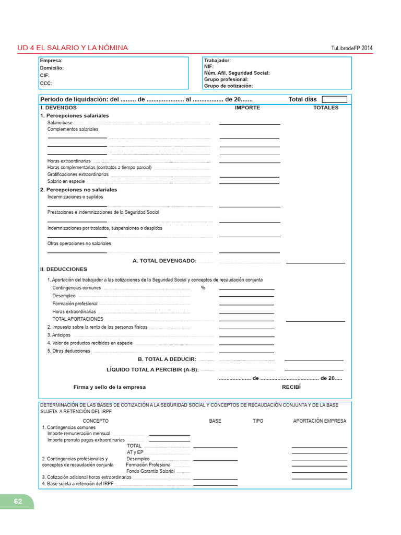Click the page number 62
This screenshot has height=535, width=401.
18,501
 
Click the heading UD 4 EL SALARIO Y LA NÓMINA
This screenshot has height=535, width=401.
73,48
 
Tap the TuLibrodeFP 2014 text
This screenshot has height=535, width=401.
352,49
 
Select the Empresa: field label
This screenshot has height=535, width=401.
51,61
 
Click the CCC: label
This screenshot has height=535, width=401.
46,83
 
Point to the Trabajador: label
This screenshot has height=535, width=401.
217,61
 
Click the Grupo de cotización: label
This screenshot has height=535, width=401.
228,86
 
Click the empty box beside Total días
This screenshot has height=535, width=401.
334,99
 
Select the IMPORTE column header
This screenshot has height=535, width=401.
247,108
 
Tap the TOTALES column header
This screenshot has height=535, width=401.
326,108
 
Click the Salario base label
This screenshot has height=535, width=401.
60,123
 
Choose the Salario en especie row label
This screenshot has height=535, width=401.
66,181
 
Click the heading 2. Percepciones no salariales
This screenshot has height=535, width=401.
78,190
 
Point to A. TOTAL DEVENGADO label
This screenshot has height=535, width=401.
164,261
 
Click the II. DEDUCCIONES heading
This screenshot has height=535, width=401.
64,269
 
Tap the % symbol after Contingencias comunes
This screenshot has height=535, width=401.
203,288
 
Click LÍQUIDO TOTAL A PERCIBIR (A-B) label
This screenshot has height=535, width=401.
152,369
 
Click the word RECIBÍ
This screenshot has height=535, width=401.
291,387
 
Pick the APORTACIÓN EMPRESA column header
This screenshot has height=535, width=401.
320,421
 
